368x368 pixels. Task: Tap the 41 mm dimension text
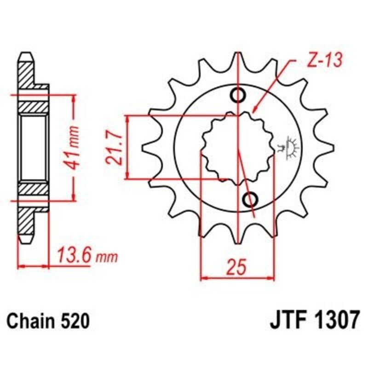(x=77, y=147)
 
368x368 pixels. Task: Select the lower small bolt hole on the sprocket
(x=250, y=200)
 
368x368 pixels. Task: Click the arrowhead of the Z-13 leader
(x=254, y=112)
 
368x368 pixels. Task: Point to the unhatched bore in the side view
(x=34, y=147)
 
